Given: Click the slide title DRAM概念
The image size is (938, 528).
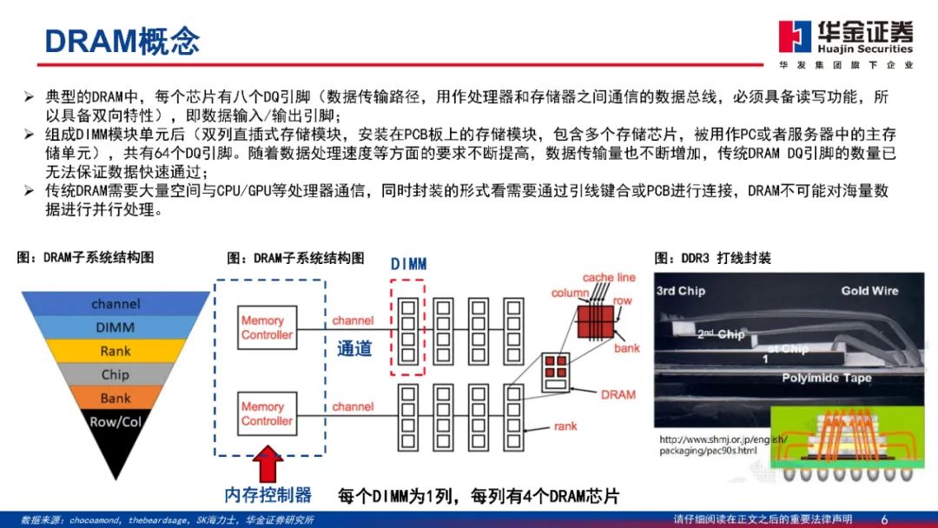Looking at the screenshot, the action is tap(122, 40).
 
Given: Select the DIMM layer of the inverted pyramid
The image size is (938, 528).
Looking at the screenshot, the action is tap(115, 327).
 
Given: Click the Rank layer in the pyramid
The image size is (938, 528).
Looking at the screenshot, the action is tap(115, 351).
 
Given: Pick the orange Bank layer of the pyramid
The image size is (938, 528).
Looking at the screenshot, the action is tap(115, 398).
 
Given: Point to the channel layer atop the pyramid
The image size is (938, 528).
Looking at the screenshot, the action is tap(115, 304).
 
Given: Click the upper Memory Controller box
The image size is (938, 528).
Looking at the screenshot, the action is tap(267, 327).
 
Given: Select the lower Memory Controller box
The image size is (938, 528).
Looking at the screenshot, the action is tap(267, 413).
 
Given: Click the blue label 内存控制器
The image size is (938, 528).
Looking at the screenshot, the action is tap(268, 495).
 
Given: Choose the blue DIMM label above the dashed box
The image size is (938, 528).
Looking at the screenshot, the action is tap(408, 263).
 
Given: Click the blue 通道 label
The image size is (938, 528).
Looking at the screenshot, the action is tap(354, 348).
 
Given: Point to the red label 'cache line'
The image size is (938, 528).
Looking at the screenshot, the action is tap(609, 278).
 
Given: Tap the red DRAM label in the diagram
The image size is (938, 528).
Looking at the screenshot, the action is tap(618, 394).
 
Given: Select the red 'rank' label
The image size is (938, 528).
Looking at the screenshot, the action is tap(566, 426).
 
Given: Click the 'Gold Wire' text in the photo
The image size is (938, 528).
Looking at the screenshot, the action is tap(869, 290).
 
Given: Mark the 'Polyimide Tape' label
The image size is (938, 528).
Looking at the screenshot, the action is tap(827, 378).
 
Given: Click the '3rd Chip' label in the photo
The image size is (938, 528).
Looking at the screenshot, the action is tap(680, 291).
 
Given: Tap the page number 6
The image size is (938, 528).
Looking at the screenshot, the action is tap(884, 519).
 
